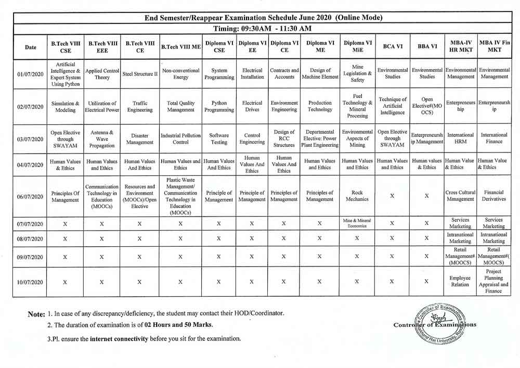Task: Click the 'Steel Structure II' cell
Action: click(140, 74)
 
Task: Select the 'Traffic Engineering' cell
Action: click(140, 107)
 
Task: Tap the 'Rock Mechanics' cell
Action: click(357, 196)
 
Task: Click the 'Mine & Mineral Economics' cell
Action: click(357, 223)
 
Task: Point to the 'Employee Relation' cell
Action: click(460, 282)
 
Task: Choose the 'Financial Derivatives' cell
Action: click(493, 196)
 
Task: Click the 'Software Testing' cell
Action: click(219, 138)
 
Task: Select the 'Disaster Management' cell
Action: click(140, 138)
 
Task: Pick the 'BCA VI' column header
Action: click(392, 46)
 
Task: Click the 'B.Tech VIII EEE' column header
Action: click(102, 47)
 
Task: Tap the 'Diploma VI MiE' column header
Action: click(357, 47)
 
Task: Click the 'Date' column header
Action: click(31, 47)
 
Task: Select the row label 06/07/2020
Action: click(31, 196)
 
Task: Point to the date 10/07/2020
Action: click(31, 282)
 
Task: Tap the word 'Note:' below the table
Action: click(36, 314)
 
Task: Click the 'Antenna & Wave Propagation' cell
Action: click(102, 138)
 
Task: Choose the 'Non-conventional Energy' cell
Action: click(180, 74)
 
